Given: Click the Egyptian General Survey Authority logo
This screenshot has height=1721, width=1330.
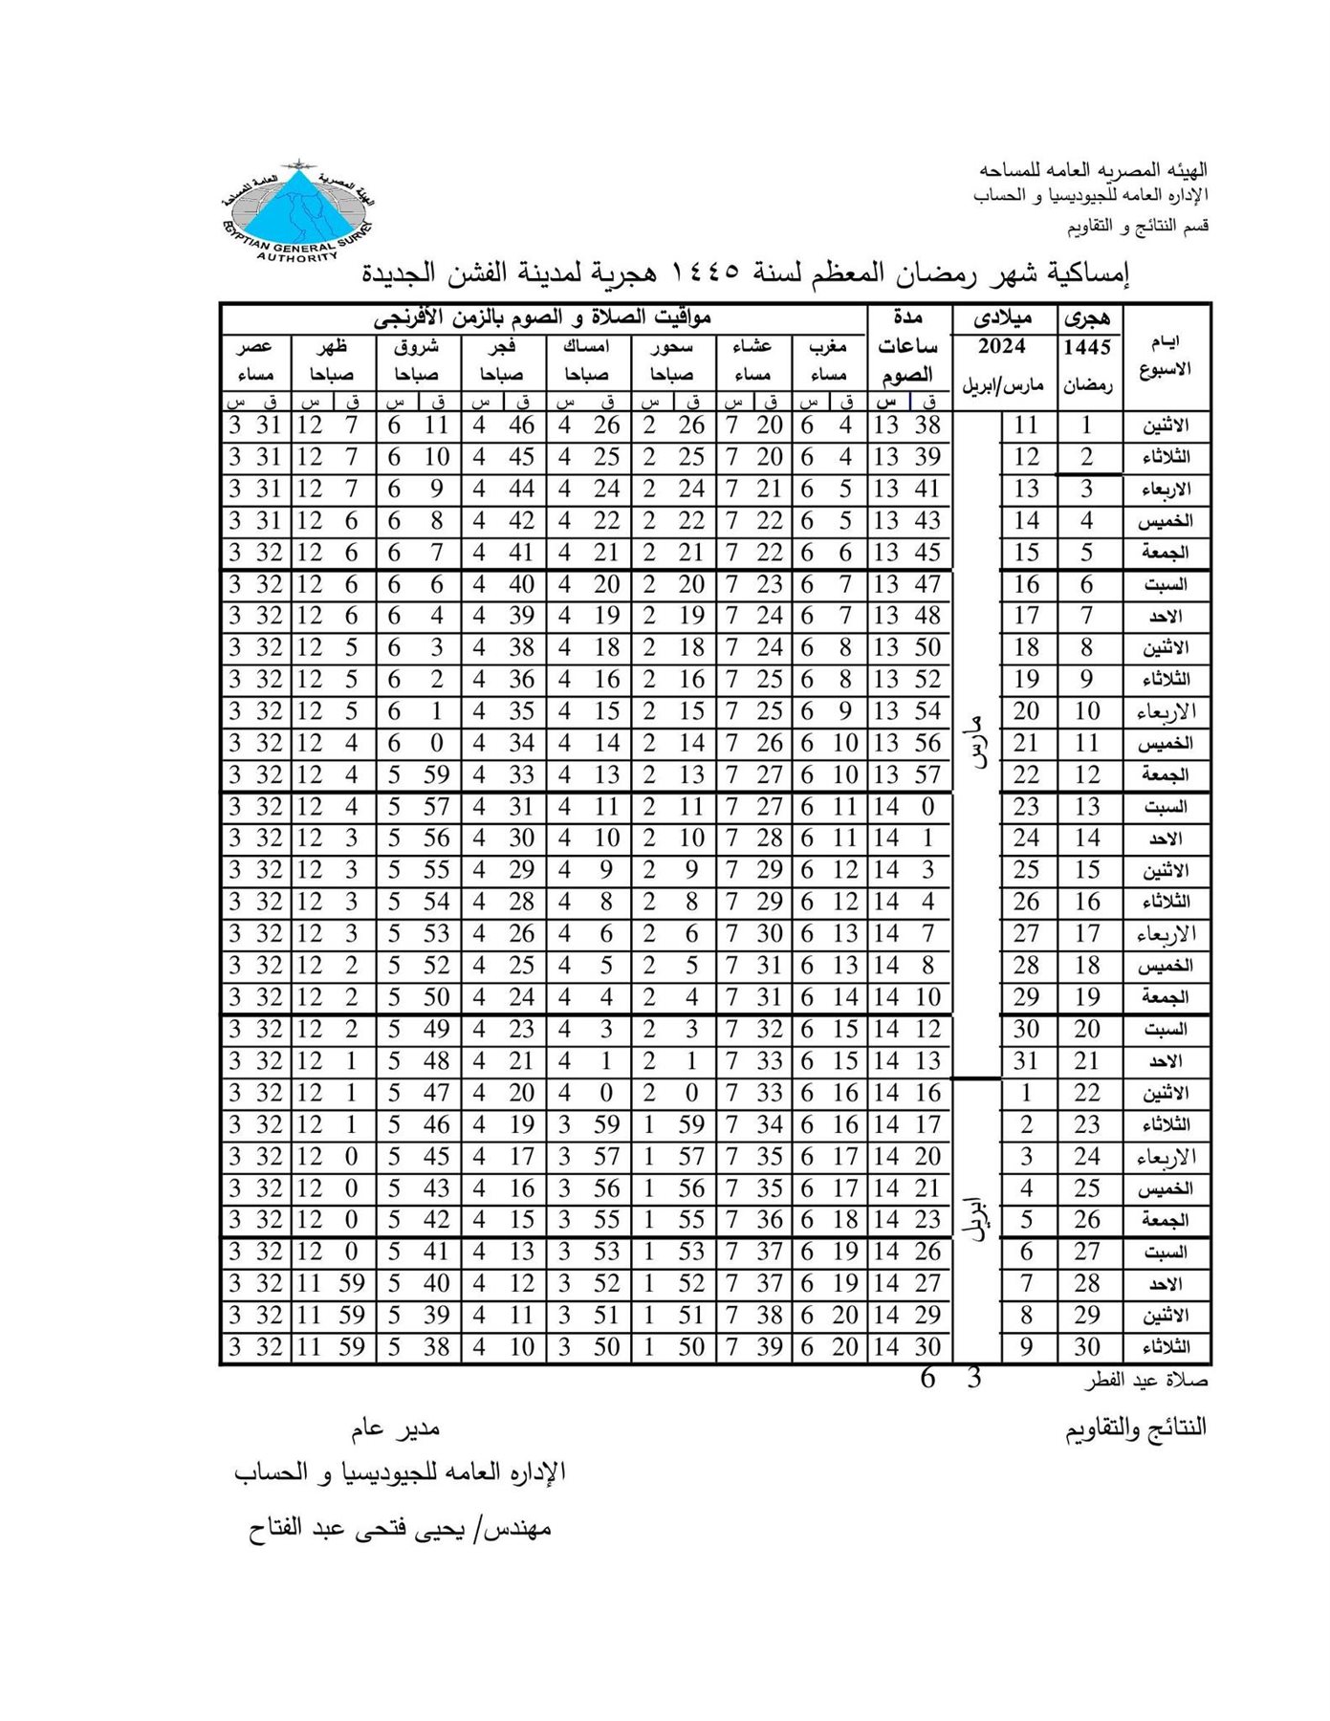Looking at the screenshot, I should pyautogui.click(x=297, y=209).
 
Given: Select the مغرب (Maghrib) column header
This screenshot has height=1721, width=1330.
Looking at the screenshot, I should pyautogui.click(x=827, y=346).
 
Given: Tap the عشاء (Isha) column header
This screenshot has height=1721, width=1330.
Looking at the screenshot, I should pyautogui.click(x=752, y=346).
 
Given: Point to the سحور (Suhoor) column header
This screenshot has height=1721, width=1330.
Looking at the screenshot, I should pyautogui.click(x=671, y=346).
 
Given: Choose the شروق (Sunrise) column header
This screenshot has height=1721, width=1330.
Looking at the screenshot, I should pyautogui.click(x=416, y=346).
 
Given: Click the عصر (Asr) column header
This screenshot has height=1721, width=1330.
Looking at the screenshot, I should pyautogui.click(x=254, y=346).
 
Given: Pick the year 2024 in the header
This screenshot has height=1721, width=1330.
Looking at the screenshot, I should pyautogui.click(x=1001, y=346).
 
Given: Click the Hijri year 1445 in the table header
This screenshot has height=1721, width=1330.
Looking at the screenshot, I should pyautogui.click(x=1087, y=347).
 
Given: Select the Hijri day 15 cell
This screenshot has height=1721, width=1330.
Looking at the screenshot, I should pyautogui.click(x=1087, y=870).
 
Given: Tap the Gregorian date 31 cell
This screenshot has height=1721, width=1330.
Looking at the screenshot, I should pyautogui.click(x=1026, y=1061).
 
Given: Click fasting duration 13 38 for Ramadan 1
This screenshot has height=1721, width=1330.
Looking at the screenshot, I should pyautogui.click(x=907, y=425).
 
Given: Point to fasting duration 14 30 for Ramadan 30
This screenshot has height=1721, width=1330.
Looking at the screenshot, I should pyautogui.click(x=907, y=1347).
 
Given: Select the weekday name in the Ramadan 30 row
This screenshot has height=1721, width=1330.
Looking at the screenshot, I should pyautogui.click(x=1166, y=1348).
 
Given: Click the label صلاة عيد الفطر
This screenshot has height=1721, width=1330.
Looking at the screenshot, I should pyautogui.click(x=1145, y=1381).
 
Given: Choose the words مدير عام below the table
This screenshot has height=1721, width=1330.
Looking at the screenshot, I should pyautogui.click(x=395, y=1428).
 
